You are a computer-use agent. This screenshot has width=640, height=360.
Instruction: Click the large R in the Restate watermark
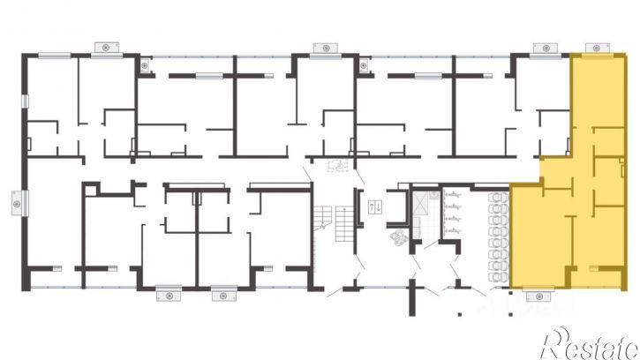pos(554,343)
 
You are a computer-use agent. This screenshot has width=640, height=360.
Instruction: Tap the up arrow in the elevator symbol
pos(372,207)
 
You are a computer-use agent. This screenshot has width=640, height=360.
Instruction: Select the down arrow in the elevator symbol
pos(378,207)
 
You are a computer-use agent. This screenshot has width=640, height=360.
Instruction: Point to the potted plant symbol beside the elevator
pos(398,236)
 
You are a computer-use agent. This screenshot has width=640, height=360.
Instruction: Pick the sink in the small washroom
pos(434,196)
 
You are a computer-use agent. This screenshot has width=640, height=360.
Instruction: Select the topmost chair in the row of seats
pos(498,198)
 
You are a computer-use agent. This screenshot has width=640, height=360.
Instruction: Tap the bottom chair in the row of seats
pos(498,277)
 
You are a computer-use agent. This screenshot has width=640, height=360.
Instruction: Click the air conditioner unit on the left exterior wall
pos(17,203)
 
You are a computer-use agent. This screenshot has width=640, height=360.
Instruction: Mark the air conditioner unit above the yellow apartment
pos(597,48)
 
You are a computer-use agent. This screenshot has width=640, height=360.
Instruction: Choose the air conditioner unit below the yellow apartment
pos(538,296)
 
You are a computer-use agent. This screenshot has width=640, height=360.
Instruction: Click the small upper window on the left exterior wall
pos(25,101)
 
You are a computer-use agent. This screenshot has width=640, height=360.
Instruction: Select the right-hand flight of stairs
pos(344,223)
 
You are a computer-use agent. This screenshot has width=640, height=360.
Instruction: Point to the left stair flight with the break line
pos(322,218)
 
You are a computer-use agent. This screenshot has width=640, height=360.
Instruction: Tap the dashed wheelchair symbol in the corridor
pos(337,165)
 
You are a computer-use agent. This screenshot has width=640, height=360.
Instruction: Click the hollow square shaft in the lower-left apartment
pos(91,191)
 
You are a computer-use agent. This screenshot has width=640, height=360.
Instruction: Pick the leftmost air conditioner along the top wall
pos(107,48)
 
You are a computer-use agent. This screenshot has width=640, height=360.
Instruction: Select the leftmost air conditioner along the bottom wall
pos(169,296)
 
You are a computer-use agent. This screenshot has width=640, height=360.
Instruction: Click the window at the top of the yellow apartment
pos(597,55)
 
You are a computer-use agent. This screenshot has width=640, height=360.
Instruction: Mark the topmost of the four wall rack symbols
pos(452,195)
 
